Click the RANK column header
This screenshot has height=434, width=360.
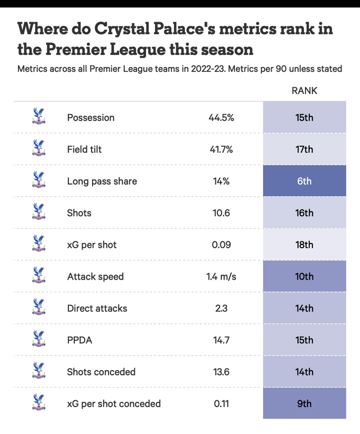[x=304, y=91]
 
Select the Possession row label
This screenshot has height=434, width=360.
[x=90, y=118]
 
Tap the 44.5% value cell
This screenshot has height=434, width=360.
[x=221, y=118]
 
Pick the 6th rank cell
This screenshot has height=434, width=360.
[x=304, y=181]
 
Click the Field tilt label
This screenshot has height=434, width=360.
[x=84, y=149]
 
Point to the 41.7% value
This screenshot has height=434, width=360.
[x=221, y=149]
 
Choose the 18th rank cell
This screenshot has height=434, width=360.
[x=304, y=245]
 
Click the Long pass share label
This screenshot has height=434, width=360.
[x=101, y=181]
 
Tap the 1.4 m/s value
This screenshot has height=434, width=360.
[x=221, y=277]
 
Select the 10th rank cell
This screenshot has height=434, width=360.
[x=304, y=277]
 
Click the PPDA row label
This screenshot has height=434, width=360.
[x=79, y=340]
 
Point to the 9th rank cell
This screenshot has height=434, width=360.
[x=304, y=404]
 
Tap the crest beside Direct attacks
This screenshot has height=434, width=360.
[x=38, y=307]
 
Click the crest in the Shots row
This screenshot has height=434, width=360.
[x=38, y=212]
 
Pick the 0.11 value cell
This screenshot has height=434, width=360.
[x=221, y=404]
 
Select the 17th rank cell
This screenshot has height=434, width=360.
[x=304, y=149]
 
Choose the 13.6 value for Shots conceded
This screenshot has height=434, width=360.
[x=221, y=372]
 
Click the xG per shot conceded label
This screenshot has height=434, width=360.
[x=113, y=404]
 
